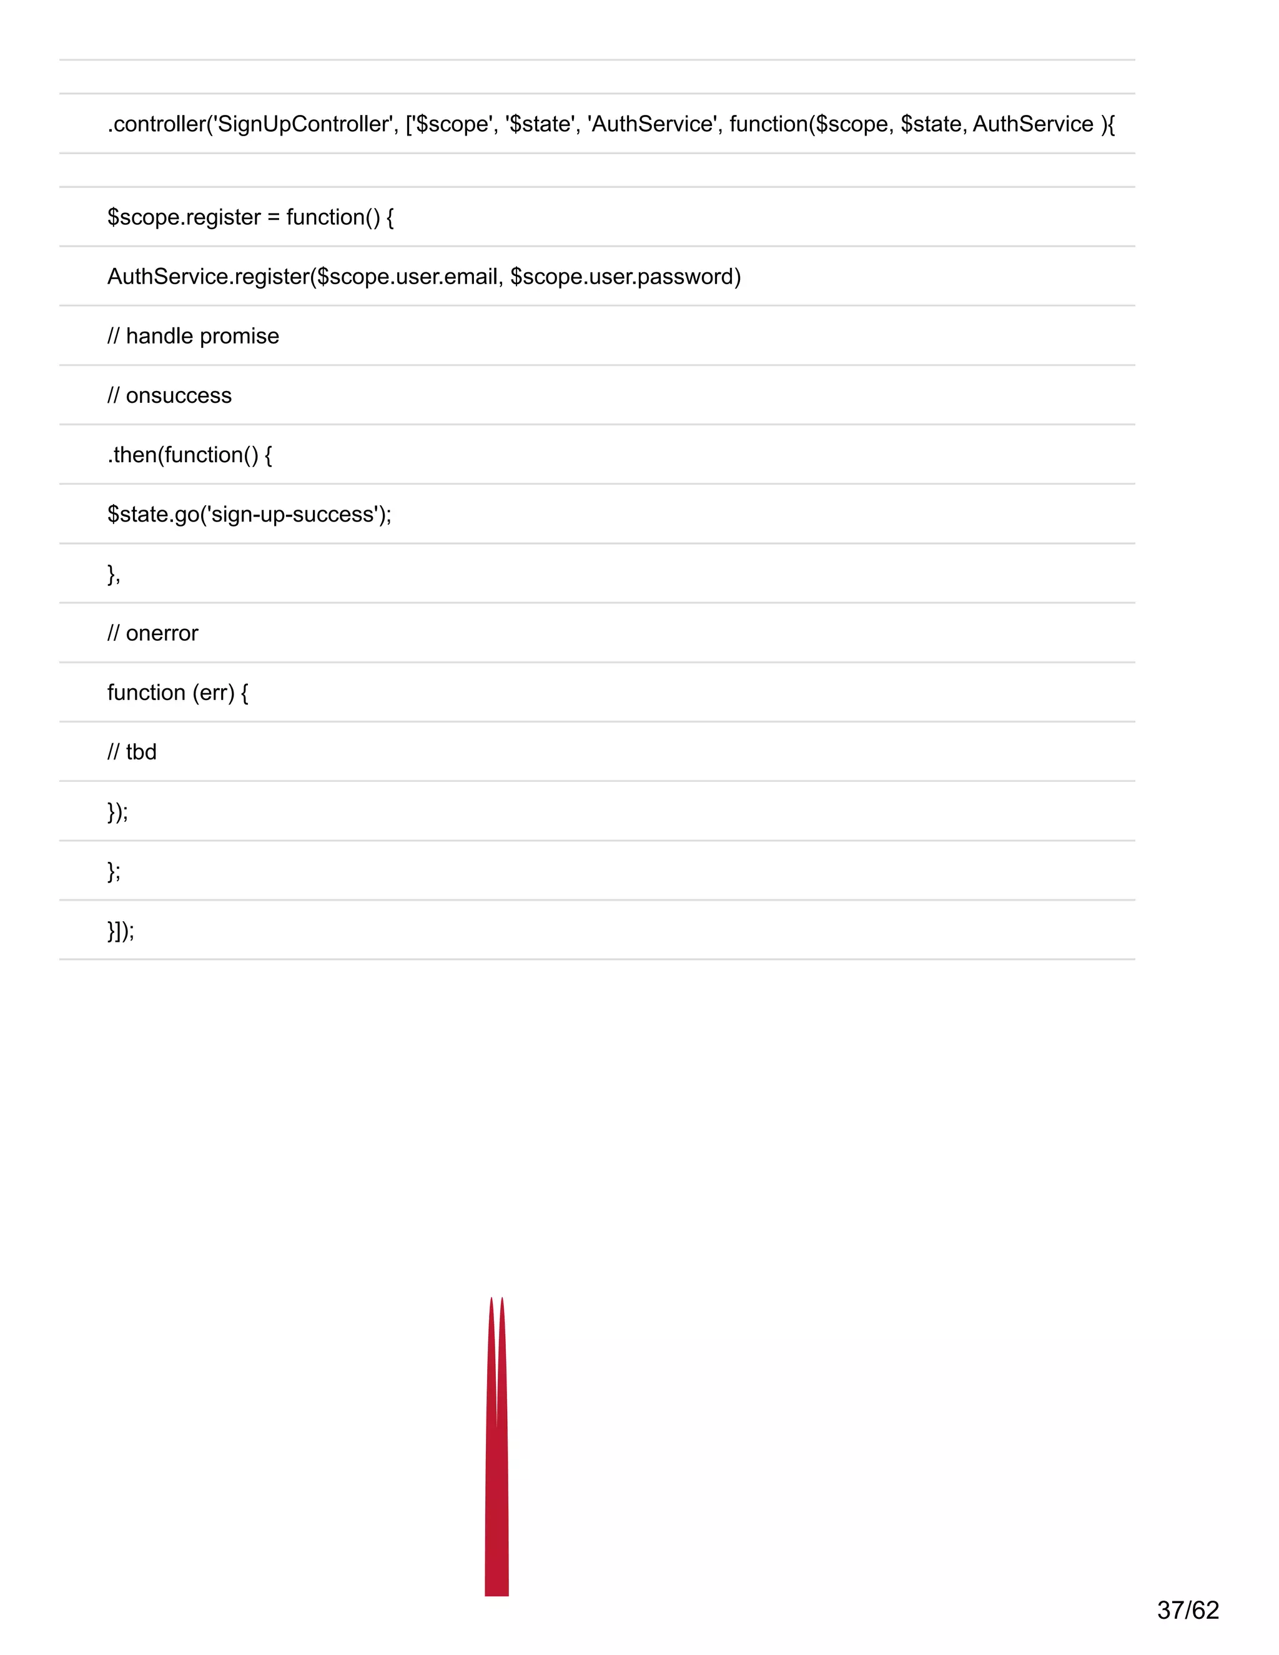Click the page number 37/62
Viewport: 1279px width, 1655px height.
point(1187,1609)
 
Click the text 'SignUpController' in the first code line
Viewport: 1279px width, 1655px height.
point(303,124)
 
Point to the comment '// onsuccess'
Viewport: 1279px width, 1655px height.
point(170,395)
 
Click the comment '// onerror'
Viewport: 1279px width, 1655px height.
point(153,633)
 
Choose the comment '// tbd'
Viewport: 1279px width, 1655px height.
point(132,752)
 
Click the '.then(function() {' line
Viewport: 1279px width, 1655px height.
point(189,455)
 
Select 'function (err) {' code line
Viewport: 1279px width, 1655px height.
point(178,693)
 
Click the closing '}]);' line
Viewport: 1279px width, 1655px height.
point(121,931)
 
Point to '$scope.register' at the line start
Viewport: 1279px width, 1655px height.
point(184,217)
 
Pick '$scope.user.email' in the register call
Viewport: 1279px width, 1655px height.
point(407,277)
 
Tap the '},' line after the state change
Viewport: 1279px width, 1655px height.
point(114,574)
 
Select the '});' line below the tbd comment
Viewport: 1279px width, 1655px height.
point(117,812)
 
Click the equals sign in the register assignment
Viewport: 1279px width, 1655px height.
point(274,217)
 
